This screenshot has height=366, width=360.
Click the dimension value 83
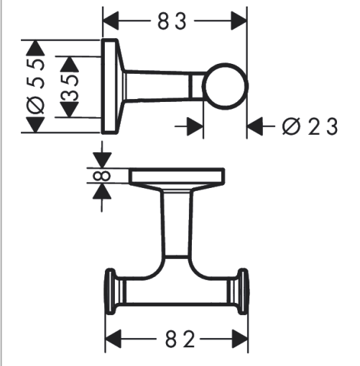[172, 22]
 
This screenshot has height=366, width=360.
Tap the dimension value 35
[70, 88]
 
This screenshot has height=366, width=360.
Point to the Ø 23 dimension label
[310, 126]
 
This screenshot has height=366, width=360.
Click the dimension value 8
[101, 176]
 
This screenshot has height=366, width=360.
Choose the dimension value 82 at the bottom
[180, 339]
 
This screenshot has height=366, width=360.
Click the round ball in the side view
[225, 86]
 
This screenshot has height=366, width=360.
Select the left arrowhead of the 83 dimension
[111, 21]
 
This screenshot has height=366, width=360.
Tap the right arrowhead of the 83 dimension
[239, 21]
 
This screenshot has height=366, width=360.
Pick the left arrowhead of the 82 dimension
[114, 339]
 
